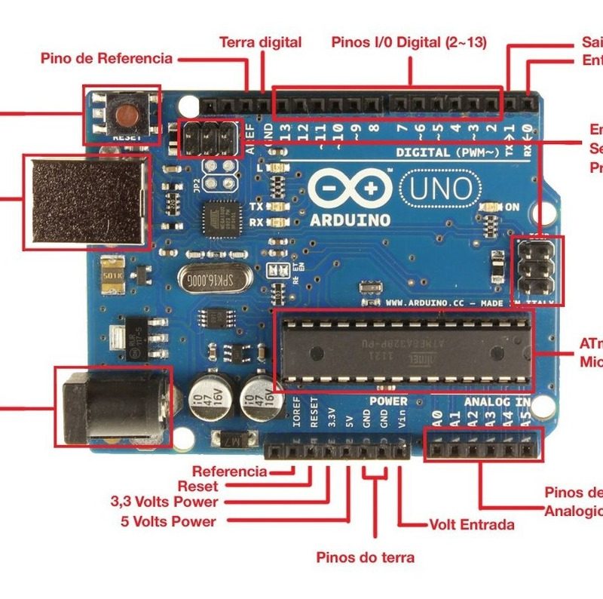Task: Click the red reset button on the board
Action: coord(125,115)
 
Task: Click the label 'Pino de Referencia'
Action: coord(106,58)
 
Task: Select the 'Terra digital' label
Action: coord(260,42)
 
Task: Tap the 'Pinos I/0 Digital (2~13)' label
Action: coord(410,42)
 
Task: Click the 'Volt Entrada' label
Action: coord(472,524)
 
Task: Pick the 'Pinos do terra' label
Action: coord(365,558)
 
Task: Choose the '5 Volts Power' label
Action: coord(168,521)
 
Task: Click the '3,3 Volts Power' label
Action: coord(164,502)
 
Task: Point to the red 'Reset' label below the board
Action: coord(197,487)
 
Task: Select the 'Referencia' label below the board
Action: coord(229,472)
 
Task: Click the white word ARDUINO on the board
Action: coord(350,220)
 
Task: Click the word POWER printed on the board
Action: coord(388,401)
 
